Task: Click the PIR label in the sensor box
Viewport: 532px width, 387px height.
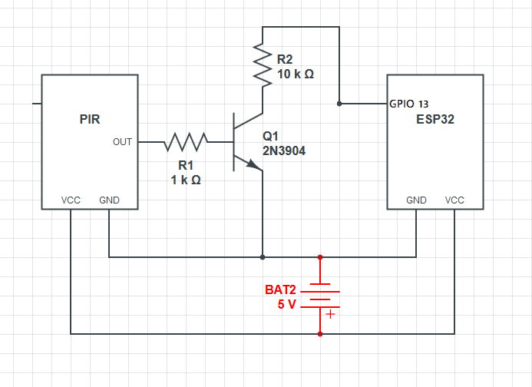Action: click(x=90, y=119)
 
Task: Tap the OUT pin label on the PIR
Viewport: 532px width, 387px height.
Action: click(x=122, y=142)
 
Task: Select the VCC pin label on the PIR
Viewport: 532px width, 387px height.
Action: click(x=71, y=200)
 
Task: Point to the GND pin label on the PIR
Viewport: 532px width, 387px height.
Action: click(x=109, y=200)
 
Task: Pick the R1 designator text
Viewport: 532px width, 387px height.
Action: click(x=186, y=165)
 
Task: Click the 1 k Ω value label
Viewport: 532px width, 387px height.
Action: click(x=186, y=180)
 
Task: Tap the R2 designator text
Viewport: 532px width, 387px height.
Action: click(x=285, y=59)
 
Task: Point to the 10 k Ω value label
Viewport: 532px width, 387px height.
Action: click(x=296, y=74)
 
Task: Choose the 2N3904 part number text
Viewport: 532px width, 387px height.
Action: click(x=284, y=151)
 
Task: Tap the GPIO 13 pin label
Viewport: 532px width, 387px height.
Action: click(x=408, y=104)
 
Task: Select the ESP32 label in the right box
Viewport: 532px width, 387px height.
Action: click(x=435, y=120)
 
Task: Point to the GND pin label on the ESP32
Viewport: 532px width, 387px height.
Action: click(x=417, y=200)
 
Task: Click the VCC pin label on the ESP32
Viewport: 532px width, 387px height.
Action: click(x=454, y=200)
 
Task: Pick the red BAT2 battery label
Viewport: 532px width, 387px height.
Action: click(x=281, y=290)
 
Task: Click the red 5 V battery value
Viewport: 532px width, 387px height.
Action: click(x=286, y=305)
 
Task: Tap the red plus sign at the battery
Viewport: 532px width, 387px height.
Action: click(x=330, y=313)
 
